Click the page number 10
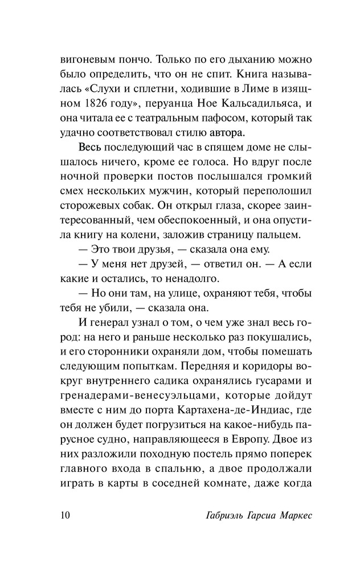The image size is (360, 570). point(63,515)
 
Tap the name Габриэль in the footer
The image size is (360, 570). point(212,515)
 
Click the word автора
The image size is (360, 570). point(212,133)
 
